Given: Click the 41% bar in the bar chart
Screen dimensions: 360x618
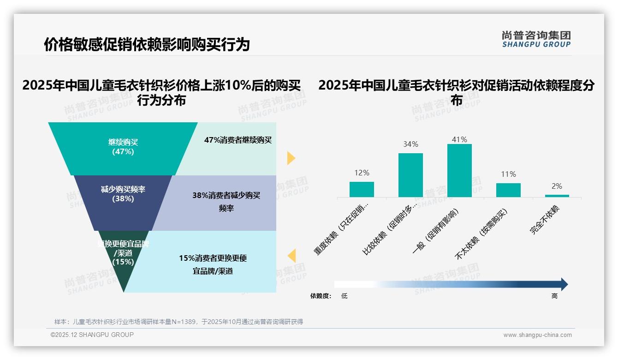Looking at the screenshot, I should pos(459,170).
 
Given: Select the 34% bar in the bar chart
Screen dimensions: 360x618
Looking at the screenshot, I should pos(410,175).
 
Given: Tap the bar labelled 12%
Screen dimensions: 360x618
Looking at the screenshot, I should pos(362,189).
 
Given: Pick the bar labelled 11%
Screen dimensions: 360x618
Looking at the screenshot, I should pos(508,190).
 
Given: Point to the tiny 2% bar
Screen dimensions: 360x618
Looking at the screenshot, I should pos(557,196).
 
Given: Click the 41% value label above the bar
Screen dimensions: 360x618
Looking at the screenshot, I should pos(459,139).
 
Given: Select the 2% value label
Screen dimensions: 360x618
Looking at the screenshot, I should pos(557,186).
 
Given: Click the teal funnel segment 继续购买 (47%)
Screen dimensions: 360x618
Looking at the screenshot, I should pos(123,148).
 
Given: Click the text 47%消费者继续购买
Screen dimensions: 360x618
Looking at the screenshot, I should pos(238,140).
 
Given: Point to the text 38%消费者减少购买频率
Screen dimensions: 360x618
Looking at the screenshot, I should pos(226,202).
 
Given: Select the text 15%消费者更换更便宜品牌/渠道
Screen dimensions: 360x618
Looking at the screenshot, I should pos(213,264).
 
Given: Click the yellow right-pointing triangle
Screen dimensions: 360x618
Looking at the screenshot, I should pos(291,158).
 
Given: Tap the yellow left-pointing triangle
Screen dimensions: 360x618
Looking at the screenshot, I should pos(291,256).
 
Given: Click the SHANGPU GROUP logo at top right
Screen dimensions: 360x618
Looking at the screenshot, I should pos(536,39).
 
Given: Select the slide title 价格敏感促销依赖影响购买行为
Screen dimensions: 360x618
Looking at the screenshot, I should pos(147,44).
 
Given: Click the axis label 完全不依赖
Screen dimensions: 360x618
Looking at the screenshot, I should pos(545,221).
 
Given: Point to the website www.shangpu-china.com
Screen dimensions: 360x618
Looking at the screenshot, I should pos(537,335).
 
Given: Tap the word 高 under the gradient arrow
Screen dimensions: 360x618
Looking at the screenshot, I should pos(554,296).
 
